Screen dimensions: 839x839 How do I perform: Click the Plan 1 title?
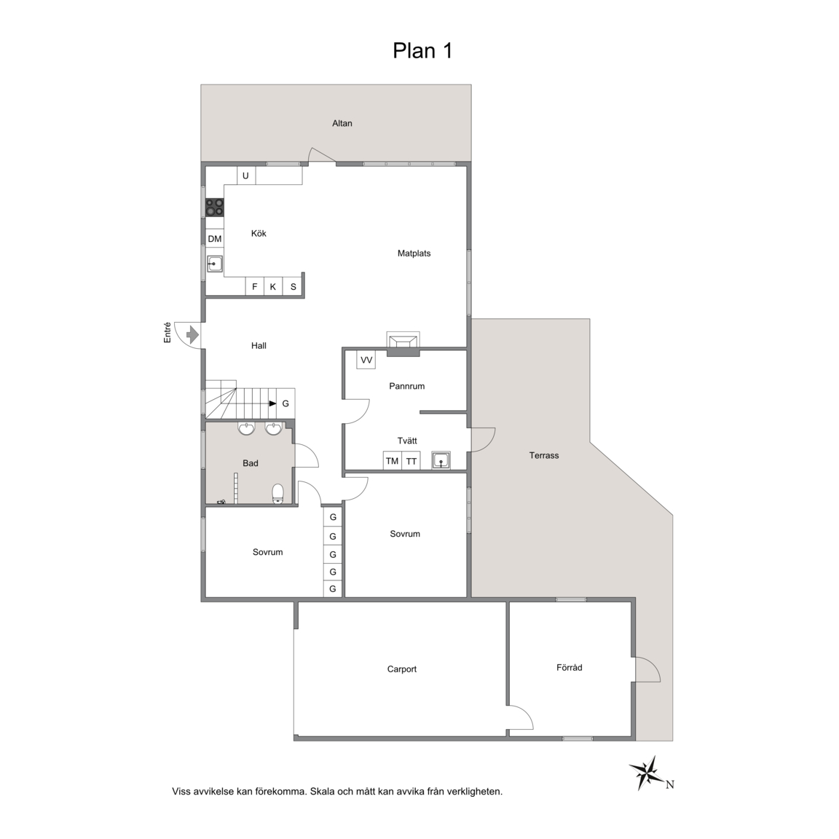(422, 51)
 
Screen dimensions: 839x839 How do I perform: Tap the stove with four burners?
(215, 208)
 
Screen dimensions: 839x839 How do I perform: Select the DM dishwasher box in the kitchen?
(215, 239)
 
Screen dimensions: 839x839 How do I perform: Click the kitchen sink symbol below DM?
(215, 264)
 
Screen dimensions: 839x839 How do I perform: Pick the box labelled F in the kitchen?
(255, 287)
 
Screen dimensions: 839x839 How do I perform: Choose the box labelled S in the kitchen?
(294, 287)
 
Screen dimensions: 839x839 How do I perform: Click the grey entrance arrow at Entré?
(192, 336)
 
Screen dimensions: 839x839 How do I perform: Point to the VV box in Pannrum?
(366, 360)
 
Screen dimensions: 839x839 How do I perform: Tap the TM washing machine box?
(393, 461)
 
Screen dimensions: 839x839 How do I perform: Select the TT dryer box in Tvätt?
(411, 461)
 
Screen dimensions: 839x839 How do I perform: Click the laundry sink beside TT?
(441, 460)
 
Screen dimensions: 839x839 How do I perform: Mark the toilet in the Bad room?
(277, 494)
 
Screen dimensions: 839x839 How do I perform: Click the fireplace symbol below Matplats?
(403, 343)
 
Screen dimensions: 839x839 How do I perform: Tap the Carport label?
(402, 669)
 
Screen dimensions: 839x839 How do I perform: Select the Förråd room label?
(570, 667)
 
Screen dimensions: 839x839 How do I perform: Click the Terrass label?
(544, 455)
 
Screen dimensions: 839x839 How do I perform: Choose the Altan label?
(342, 123)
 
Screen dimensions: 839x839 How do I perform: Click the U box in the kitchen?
(246, 176)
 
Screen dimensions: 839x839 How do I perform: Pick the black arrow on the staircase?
(272, 403)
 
